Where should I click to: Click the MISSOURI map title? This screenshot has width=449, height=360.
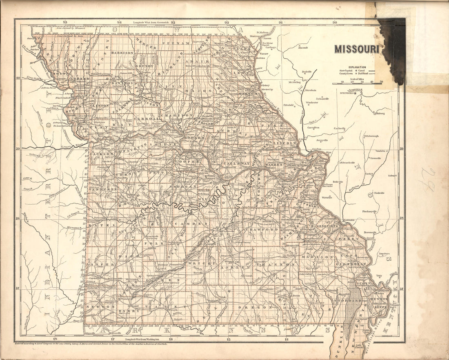pyautogui.click(x=357, y=49)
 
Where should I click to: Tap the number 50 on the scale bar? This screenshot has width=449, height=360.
pyautogui.click(x=381, y=82)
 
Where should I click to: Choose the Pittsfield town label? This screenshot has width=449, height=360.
pyautogui.click(x=289, y=105)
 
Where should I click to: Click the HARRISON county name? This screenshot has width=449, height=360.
pyautogui.click(x=122, y=53)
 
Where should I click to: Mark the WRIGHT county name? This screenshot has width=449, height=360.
pyautogui.click(x=202, y=264)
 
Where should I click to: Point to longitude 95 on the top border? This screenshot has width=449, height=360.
pyautogui.click(x=64, y=22)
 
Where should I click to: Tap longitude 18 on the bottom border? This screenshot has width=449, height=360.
pyautogui.click(x=55, y=338)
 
